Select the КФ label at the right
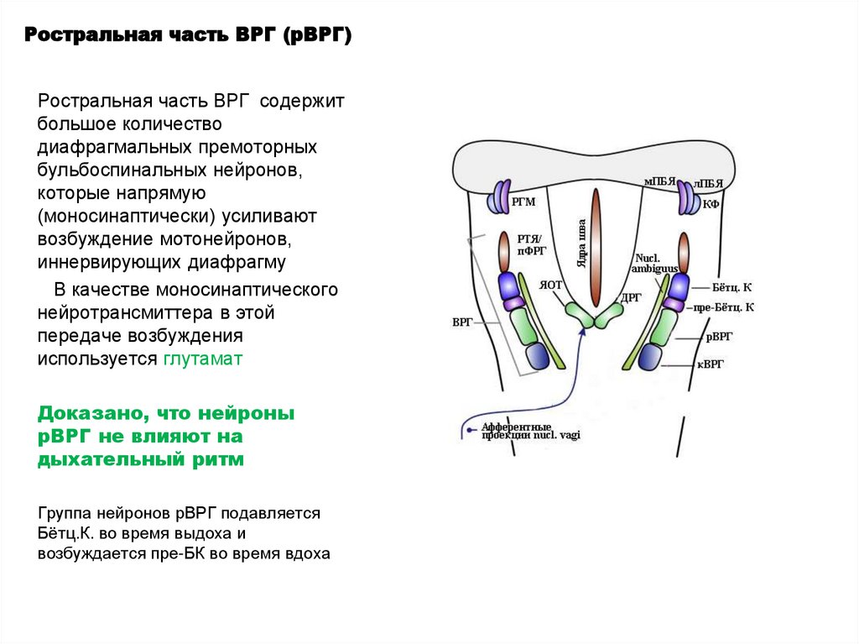(x=711, y=203)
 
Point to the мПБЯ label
(x=659, y=181)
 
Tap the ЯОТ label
(x=550, y=285)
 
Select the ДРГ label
(x=632, y=296)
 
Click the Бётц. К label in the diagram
(x=731, y=287)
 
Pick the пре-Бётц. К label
(x=724, y=307)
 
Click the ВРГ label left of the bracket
(x=463, y=322)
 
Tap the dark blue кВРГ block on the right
(x=650, y=358)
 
